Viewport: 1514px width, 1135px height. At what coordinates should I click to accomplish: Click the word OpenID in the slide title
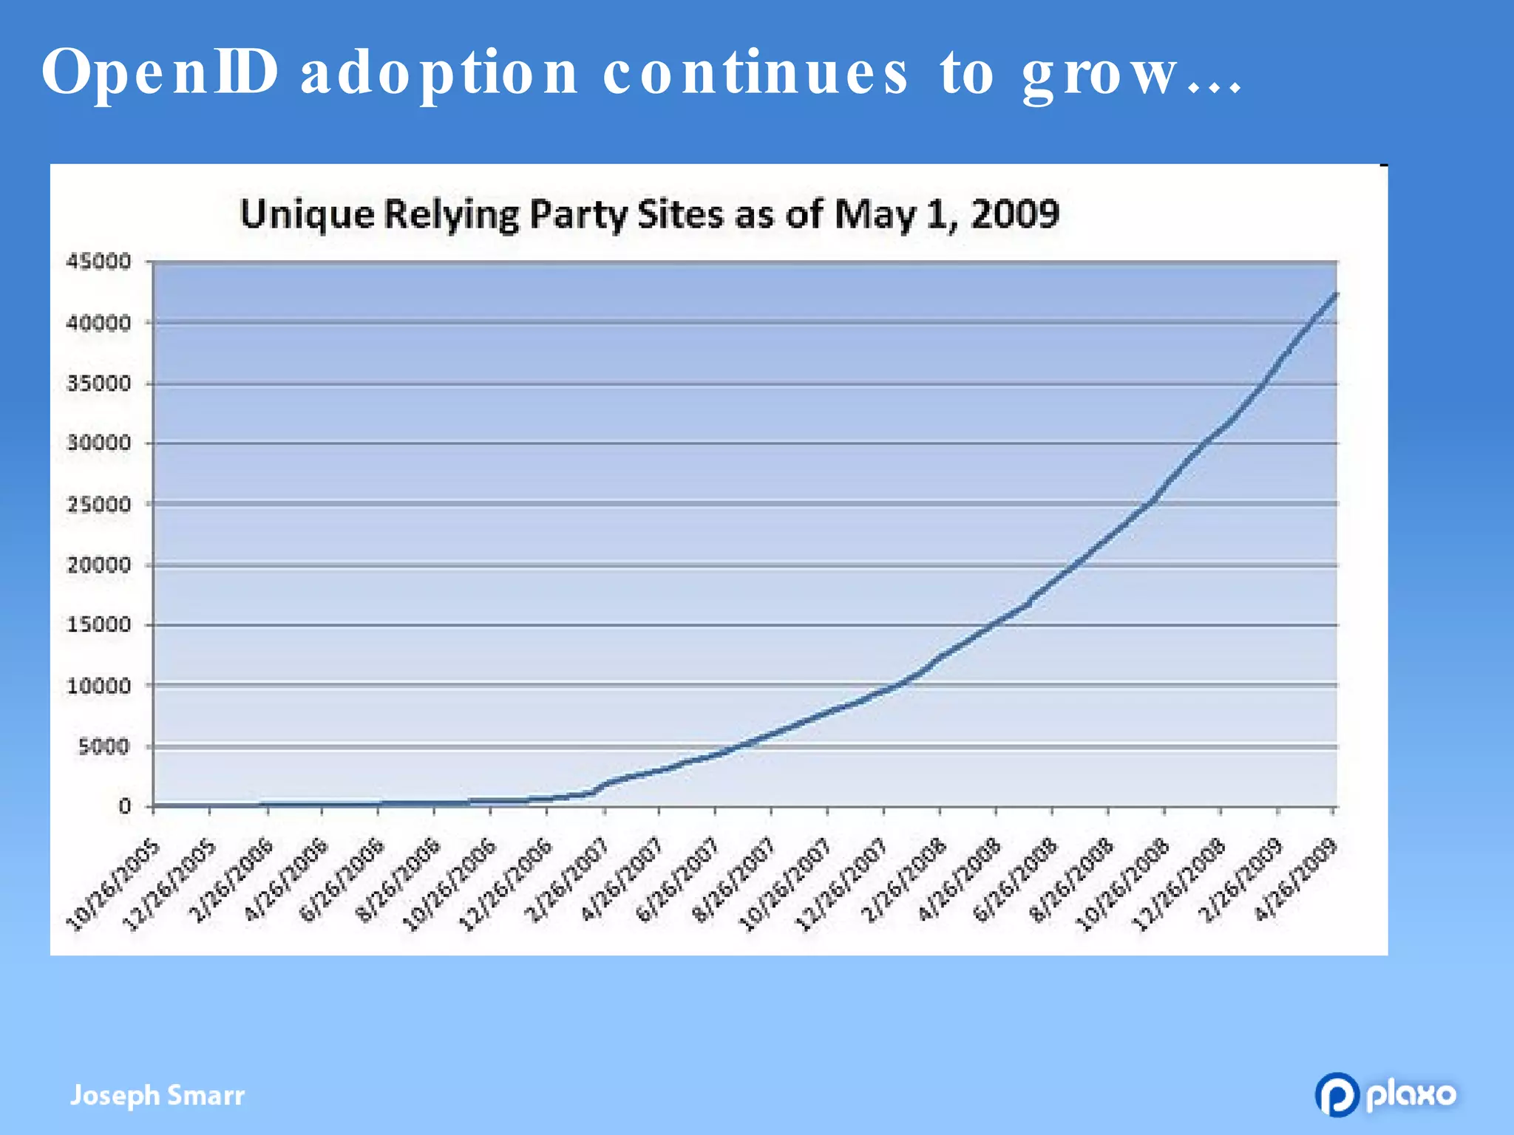tap(159, 72)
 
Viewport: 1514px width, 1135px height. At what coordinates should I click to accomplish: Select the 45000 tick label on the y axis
tap(98, 262)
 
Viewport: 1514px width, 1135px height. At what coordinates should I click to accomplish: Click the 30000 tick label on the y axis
tap(98, 443)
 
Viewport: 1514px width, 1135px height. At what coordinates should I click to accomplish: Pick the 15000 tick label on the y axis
tap(98, 625)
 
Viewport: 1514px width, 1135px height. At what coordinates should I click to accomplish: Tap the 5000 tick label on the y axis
tap(103, 746)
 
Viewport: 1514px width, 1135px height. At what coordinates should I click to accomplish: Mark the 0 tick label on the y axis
tap(124, 806)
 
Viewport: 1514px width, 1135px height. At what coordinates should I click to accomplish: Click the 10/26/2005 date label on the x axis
tap(113, 885)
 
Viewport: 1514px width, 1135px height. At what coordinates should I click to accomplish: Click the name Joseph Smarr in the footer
tap(157, 1095)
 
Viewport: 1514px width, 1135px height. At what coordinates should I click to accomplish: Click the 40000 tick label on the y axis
tap(98, 323)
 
